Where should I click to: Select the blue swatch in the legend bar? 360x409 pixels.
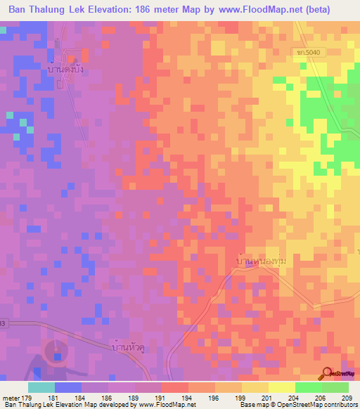67,387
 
